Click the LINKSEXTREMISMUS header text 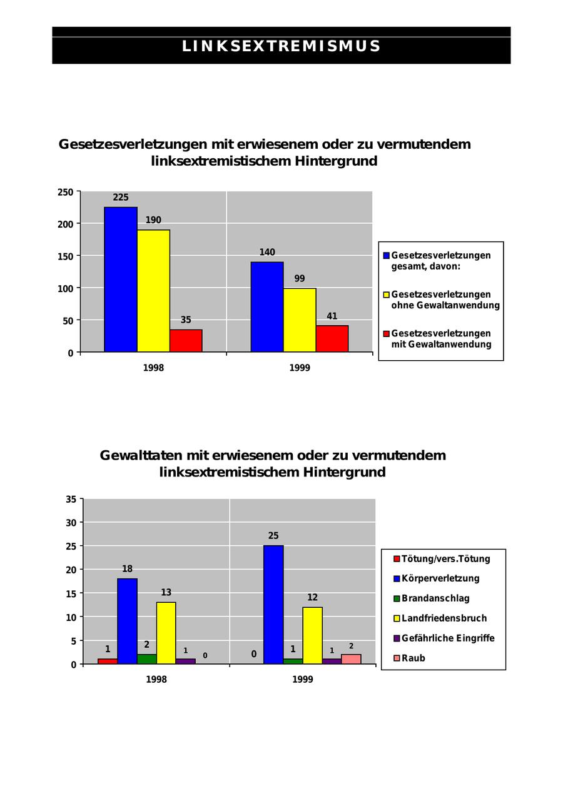(281, 46)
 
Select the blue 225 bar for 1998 (121, 280)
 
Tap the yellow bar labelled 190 (153, 291)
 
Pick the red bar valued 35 (186, 341)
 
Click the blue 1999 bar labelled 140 (267, 307)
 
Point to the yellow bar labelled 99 (300, 320)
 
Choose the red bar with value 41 (332, 339)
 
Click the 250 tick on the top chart (66, 192)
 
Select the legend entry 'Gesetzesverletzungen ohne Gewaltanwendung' (445, 300)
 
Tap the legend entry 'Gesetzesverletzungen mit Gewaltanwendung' (440, 339)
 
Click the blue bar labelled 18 (127, 621)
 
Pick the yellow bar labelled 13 (166, 633)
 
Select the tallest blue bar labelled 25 (273, 605)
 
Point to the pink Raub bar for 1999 (351, 659)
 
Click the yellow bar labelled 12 (312, 635)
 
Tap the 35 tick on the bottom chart (71, 499)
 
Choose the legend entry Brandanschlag (435, 598)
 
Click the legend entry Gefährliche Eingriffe (447, 638)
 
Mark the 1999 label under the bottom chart (303, 680)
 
